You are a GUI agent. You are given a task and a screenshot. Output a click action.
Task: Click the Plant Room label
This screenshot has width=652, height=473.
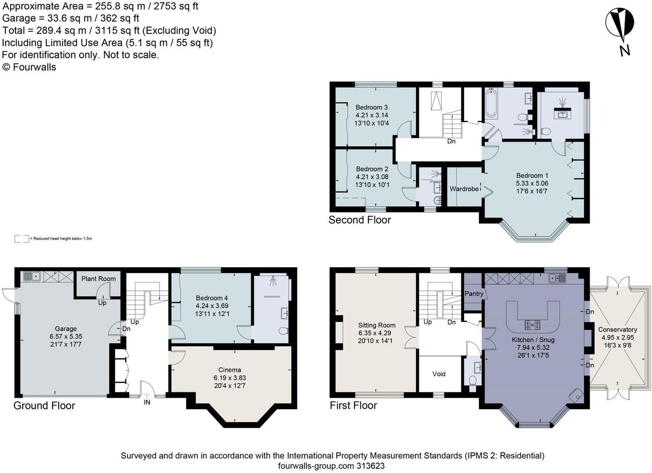99,279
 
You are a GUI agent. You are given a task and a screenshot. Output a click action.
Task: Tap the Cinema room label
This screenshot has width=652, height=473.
229,370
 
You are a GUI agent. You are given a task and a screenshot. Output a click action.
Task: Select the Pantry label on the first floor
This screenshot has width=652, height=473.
474,294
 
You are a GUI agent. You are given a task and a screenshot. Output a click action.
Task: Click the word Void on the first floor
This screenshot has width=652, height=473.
439,374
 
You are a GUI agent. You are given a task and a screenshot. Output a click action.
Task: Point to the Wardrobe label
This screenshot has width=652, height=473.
464,189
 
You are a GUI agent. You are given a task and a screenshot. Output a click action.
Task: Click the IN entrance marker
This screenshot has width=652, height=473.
147,402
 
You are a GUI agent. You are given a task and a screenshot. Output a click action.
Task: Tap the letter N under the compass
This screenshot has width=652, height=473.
625,51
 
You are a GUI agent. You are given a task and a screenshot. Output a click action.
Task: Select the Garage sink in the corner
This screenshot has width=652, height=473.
32,276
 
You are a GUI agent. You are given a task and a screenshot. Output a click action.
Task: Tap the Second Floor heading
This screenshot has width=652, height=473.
360,220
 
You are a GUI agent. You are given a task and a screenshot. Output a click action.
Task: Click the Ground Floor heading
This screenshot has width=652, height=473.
44,406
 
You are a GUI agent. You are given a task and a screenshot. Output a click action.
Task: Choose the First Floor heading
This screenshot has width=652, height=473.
353,405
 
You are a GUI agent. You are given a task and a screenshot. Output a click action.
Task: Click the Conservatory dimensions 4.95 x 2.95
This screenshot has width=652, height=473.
617,337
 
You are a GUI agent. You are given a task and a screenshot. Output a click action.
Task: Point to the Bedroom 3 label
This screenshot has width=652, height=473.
372,107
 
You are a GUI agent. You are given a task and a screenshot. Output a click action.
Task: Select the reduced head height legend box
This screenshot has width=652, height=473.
21,239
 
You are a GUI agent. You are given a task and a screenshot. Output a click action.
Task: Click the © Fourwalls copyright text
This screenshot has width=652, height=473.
29,67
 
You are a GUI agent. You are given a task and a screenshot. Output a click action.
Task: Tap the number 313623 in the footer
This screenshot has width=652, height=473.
370,466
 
